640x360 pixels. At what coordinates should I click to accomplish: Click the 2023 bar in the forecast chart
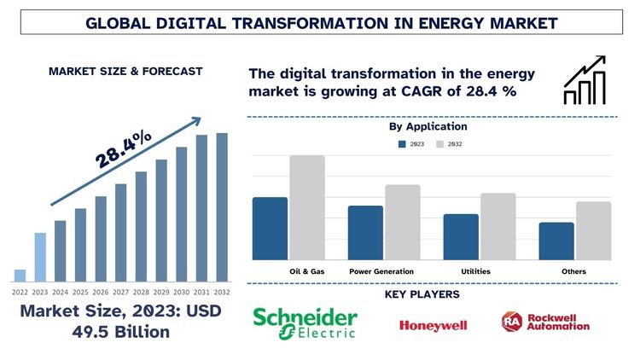tap(40, 257)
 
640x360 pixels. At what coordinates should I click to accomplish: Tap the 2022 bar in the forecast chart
tap(20, 275)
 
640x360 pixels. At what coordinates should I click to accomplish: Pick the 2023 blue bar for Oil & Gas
tap(270, 229)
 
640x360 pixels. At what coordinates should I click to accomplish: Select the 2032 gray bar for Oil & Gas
tap(307, 207)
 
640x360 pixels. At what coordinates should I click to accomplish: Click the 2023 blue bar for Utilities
tap(461, 236)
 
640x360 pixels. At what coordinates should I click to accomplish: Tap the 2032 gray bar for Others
tap(593, 230)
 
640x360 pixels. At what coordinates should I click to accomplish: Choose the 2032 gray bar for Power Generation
tap(403, 222)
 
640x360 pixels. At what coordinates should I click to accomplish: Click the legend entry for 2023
tap(410, 144)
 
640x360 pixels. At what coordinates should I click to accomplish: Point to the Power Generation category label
tap(381, 271)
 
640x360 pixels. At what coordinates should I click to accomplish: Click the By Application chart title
tap(428, 126)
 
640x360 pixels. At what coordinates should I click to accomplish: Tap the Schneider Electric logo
tap(305, 322)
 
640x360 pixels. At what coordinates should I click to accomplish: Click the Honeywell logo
tap(433, 325)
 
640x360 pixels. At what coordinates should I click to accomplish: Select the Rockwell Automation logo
tap(546, 322)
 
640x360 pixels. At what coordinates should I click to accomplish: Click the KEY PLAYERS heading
tap(422, 294)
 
